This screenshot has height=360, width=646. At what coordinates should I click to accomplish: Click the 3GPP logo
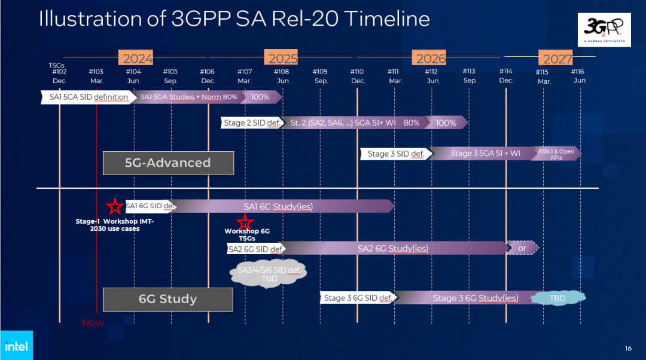607,29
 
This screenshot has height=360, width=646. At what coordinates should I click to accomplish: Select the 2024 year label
138,58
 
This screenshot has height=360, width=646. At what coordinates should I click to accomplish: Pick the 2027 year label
556,58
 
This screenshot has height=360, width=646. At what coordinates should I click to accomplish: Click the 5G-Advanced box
167,163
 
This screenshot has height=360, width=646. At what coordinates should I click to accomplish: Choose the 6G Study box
167,299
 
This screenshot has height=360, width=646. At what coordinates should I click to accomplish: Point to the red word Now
93,323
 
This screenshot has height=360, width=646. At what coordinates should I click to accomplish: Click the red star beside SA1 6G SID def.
114,206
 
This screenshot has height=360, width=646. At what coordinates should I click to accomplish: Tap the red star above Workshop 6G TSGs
244,222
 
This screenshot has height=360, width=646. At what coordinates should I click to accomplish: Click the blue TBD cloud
558,298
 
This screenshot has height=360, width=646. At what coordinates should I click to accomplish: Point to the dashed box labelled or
522,248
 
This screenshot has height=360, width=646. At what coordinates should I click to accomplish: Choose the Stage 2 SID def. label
251,123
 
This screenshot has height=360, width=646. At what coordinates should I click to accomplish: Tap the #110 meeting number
358,72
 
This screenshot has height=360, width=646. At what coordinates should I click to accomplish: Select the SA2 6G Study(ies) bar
393,248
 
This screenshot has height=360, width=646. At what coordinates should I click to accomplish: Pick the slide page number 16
627,349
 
